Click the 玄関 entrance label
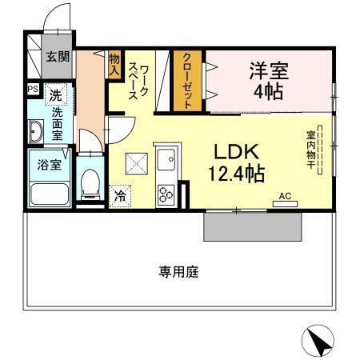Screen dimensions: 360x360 tap(58, 56)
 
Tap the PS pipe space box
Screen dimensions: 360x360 tap(33, 90)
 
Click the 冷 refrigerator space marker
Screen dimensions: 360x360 tap(121, 194)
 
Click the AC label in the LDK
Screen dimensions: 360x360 tap(285, 194)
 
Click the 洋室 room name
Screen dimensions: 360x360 tap(268, 69)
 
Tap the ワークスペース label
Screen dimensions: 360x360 tap(139, 82)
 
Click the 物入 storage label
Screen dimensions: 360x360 tap(115, 63)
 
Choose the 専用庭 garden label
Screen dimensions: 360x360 tap(178, 271)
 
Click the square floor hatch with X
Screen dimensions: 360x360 tap(135, 165)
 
